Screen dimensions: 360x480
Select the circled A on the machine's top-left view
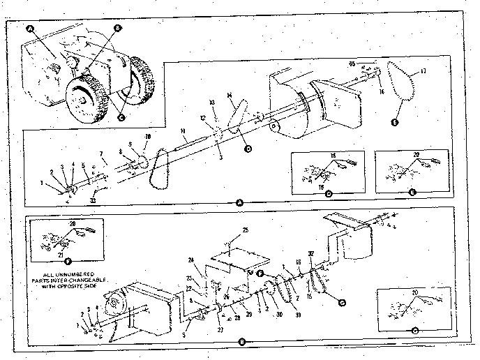[29, 30]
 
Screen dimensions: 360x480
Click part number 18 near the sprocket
[147, 136]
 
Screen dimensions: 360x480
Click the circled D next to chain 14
[247, 148]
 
